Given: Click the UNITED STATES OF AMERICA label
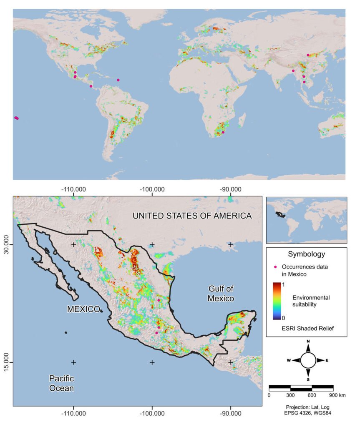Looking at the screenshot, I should pos(192,216).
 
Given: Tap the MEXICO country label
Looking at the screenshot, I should pos(83,309).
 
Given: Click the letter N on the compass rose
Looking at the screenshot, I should pos(308,342).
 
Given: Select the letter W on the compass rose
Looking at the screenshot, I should pos(289,360).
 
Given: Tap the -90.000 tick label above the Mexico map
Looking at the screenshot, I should pos(230,188).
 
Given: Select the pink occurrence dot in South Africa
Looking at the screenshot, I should pos(223,132).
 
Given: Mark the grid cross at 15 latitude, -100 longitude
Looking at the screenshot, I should pos(152,362).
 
